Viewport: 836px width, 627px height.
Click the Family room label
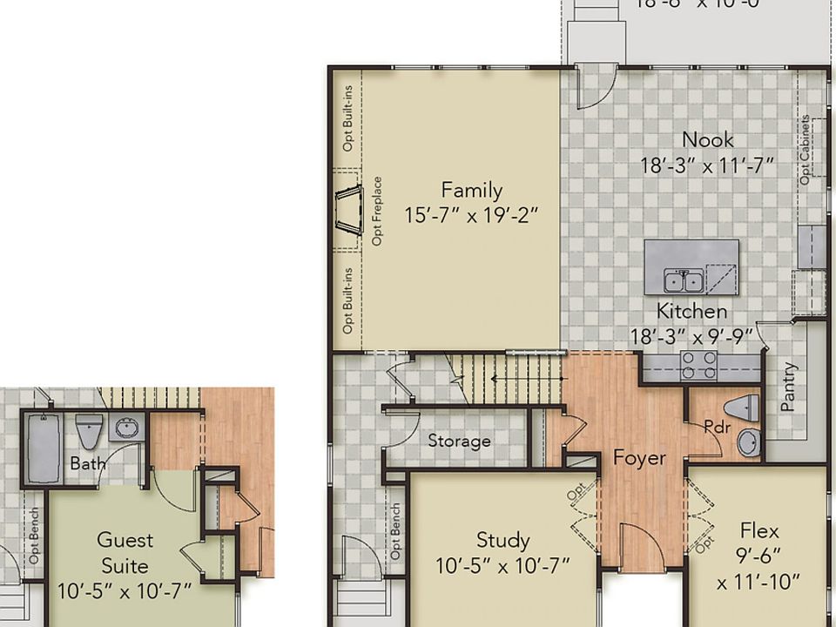[471, 190]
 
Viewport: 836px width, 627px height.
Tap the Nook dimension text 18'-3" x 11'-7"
[707, 165]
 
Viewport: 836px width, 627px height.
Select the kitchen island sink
[684, 280]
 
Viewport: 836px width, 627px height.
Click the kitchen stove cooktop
[698, 365]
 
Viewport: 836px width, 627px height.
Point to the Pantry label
[790, 387]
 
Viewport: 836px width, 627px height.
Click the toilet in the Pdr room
[741, 408]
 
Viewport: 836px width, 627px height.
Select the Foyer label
[639, 458]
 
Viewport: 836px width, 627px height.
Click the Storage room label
[459, 442]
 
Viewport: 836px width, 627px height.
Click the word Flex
[759, 530]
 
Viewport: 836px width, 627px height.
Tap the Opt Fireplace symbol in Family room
[348, 210]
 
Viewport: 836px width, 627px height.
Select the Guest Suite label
[125, 553]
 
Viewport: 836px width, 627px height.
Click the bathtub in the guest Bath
[44, 448]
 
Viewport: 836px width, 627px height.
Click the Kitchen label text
[691, 311]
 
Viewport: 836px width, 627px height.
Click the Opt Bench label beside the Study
[396, 531]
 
